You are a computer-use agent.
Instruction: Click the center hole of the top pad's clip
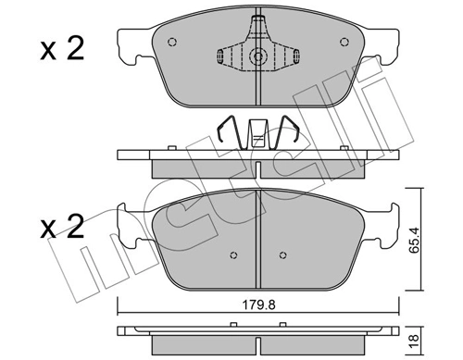[x=256, y=56]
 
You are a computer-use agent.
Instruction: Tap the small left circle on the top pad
[x=171, y=42]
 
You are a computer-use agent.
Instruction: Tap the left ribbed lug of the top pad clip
[x=228, y=56]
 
